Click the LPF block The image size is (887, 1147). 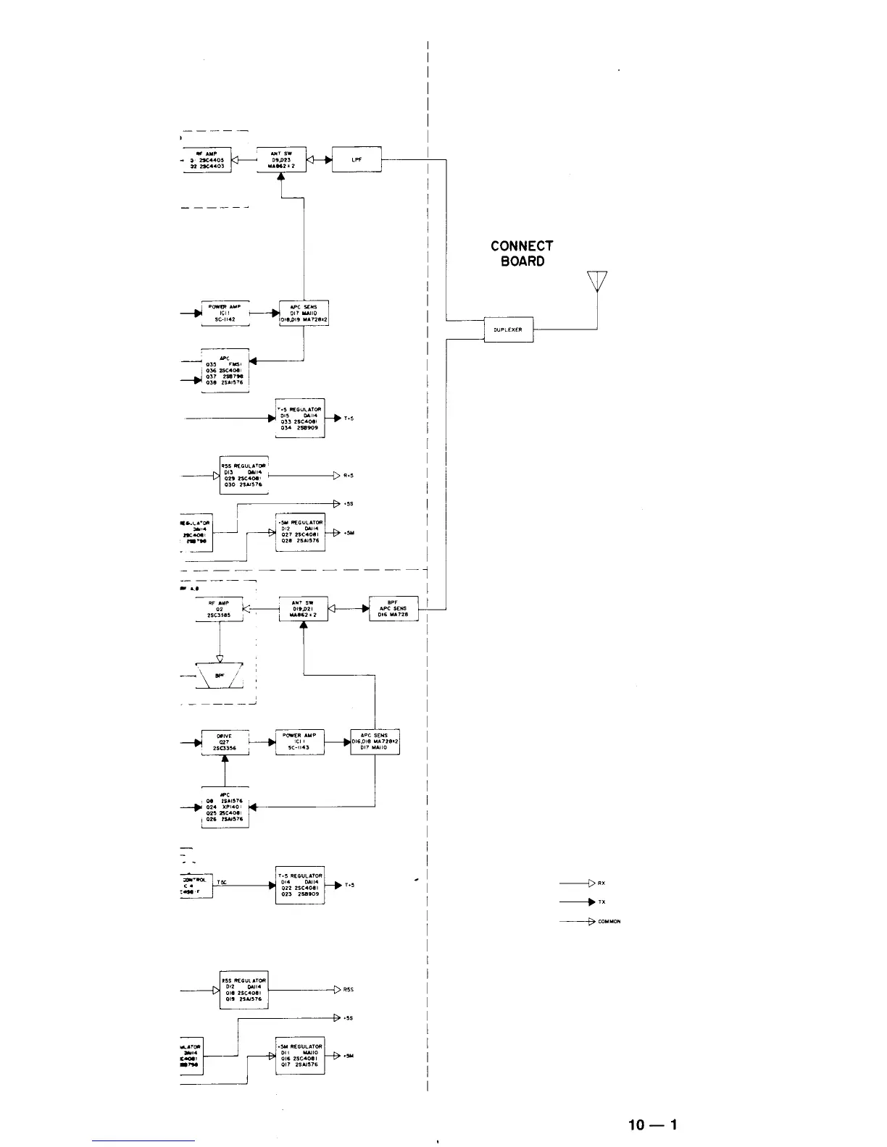click(357, 159)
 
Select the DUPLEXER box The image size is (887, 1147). click(508, 329)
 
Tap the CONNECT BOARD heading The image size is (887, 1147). click(522, 253)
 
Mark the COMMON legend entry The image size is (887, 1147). click(578, 922)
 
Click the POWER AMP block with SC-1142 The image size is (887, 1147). click(225, 313)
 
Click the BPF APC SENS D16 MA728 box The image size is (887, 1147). click(393, 608)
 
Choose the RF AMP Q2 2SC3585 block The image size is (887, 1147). click(219, 609)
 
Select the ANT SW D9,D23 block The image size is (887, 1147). click(281, 159)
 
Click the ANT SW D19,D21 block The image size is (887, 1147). click(303, 608)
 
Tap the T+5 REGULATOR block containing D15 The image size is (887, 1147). click(300, 418)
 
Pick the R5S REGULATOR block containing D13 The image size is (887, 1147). click(243, 475)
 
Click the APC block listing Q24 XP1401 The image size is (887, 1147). click(225, 807)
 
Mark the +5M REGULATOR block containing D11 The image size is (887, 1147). click(300, 1056)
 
